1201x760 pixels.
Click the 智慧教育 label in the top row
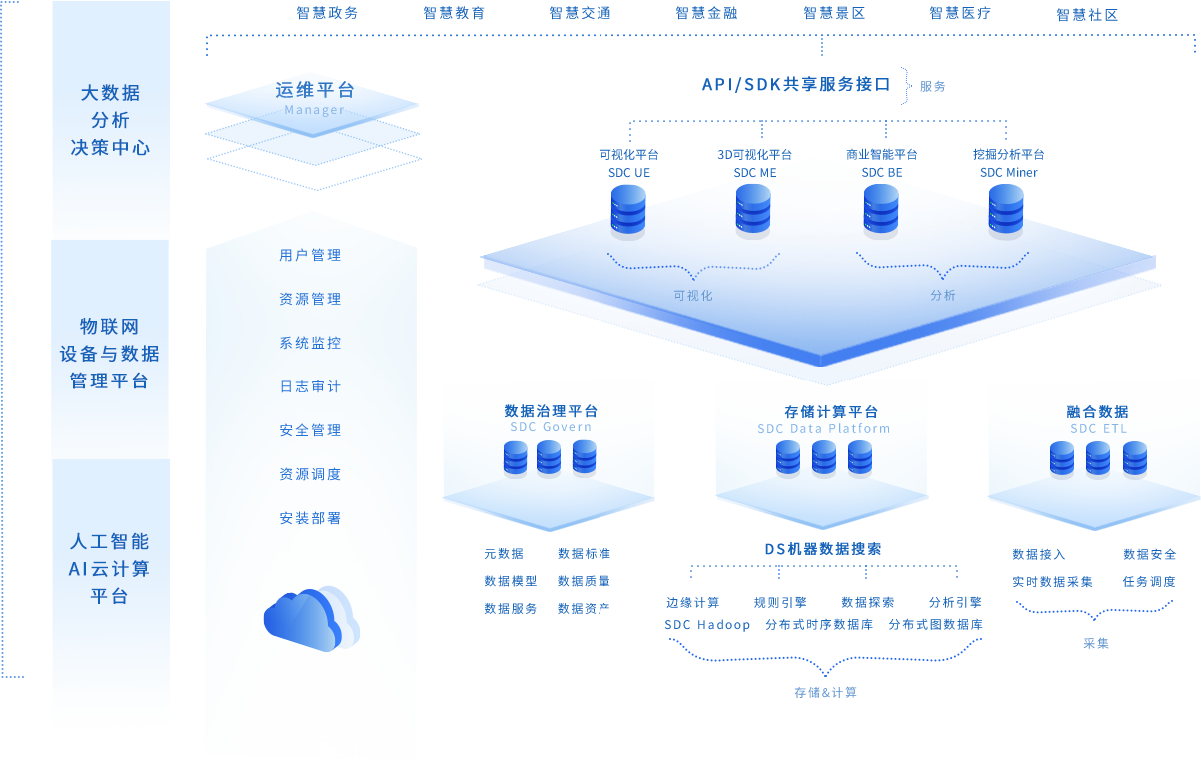(454, 14)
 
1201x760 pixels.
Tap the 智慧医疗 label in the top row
(960, 14)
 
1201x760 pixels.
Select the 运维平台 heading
(314, 90)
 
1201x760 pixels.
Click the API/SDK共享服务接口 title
(795, 85)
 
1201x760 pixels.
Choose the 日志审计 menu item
(310, 386)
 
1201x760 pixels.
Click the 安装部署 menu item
(310, 518)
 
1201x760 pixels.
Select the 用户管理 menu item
(310, 255)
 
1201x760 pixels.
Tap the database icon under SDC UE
(628, 211)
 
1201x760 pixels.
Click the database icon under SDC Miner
(1006, 211)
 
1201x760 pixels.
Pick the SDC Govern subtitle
(550, 427)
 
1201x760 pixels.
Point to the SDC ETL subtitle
(1098, 429)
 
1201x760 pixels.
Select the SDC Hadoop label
(707, 625)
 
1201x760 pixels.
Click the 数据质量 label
(584, 581)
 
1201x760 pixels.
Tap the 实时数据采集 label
(1052, 581)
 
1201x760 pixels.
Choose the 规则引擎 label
(780, 602)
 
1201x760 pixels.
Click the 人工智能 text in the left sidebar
(110, 542)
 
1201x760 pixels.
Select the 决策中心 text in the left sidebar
(110, 148)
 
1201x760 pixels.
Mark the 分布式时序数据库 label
(819, 625)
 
